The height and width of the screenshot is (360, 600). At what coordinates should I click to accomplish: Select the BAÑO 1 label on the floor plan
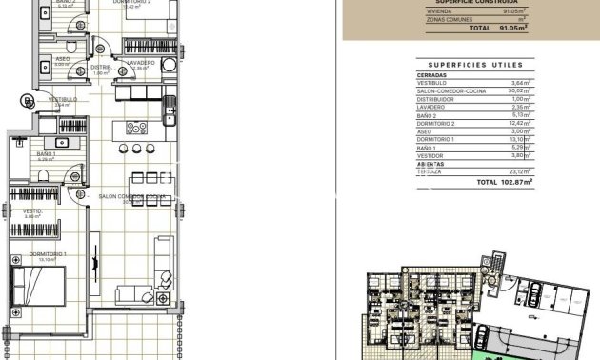pyautogui.click(x=46, y=153)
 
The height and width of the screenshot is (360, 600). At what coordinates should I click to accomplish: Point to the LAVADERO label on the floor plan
pyautogui.click(x=141, y=62)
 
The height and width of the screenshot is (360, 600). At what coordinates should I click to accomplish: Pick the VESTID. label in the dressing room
pyautogui.click(x=33, y=211)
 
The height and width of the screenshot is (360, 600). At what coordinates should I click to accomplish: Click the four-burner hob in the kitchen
pyautogui.click(x=136, y=128)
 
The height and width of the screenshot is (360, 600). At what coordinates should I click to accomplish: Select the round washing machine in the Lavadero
pyautogui.click(x=169, y=65)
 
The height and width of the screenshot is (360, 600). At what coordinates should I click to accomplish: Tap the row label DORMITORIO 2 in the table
pyautogui.click(x=436, y=123)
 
